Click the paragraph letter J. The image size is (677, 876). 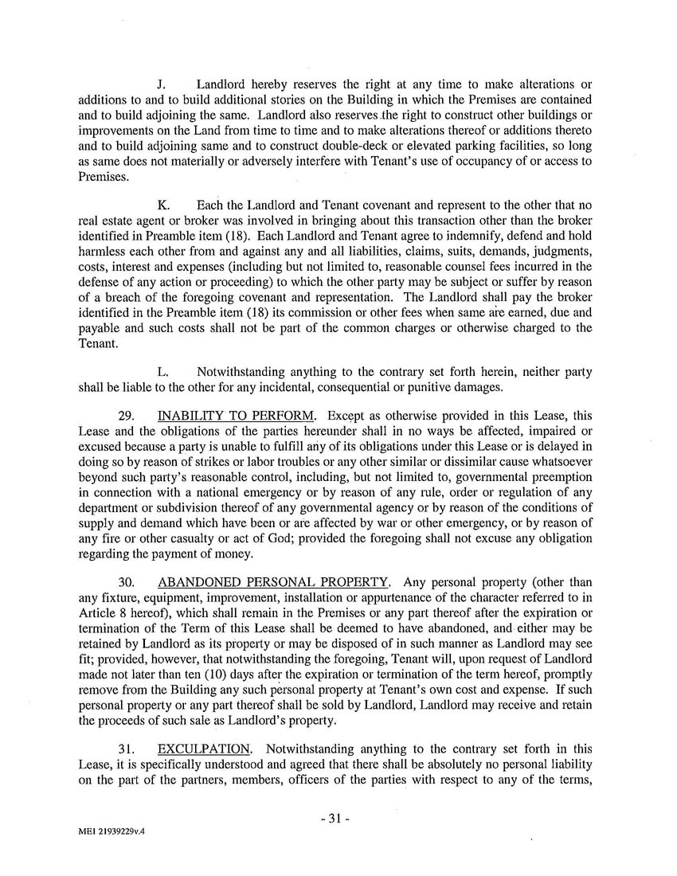tap(162, 84)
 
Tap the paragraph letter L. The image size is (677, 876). tap(163, 371)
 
